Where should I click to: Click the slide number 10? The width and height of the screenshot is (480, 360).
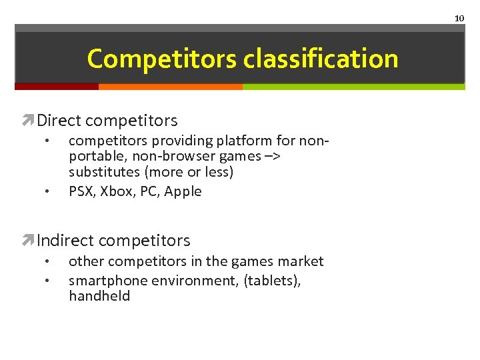[x=459, y=18]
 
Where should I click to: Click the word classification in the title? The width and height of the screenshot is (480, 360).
[x=320, y=59]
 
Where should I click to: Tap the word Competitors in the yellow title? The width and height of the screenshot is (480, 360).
[x=162, y=59]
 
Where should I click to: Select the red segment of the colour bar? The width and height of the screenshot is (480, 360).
[x=57, y=87]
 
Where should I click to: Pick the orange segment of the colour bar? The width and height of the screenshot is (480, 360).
[x=170, y=87]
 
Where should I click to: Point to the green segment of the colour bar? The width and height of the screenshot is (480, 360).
[x=353, y=87]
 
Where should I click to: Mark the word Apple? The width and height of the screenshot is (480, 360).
[x=183, y=191]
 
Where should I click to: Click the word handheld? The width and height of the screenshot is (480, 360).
[x=99, y=296]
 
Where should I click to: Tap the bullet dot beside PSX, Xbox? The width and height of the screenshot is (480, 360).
[x=46, y=192]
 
